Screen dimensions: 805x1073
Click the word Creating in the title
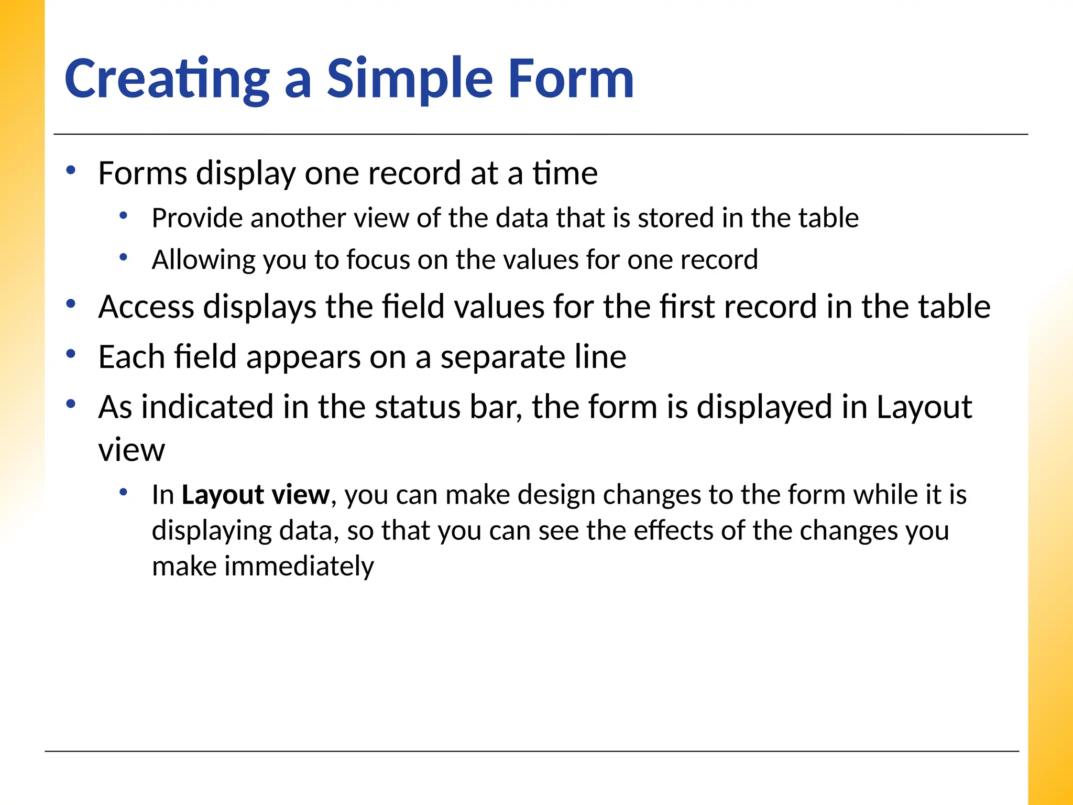[167, 79]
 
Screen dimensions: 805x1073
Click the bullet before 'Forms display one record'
[71, 170]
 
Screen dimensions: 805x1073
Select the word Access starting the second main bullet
[146, 307]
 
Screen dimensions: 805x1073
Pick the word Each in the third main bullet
[132, 357]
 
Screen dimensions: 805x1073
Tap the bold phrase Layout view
[256, 495]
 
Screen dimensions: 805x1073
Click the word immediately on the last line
[299, 567]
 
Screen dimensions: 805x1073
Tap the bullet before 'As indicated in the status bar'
[71, 404]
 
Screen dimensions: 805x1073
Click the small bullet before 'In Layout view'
[124, 492]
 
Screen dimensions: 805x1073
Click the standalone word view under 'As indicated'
[132, 450]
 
